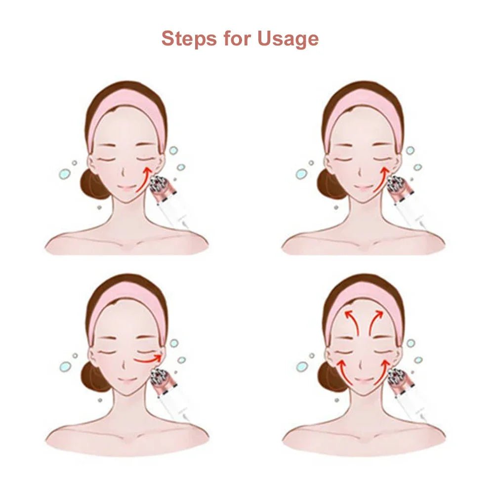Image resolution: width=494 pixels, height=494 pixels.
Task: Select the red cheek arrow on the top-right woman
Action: point(380,181)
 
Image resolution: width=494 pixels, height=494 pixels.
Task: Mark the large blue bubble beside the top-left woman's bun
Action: point(64,174)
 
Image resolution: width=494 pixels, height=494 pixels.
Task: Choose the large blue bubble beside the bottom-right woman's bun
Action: point(302,366)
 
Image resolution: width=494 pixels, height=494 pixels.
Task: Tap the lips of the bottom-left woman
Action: point(127,381)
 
